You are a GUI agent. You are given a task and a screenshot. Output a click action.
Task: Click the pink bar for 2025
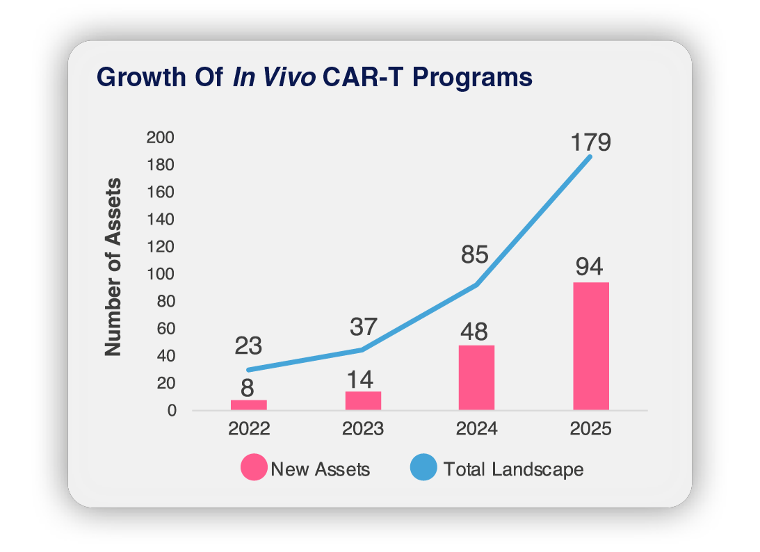[590, 346]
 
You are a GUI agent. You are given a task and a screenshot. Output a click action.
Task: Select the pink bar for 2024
[476, 378]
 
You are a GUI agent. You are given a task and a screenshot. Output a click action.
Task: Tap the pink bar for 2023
[362, 400]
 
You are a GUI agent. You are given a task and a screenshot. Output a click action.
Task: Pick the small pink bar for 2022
[248, 405]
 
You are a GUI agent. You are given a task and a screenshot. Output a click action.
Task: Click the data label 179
[590, 143]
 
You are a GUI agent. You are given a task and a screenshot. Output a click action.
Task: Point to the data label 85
[476, 254]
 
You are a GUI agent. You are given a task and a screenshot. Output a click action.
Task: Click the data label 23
[248, 346]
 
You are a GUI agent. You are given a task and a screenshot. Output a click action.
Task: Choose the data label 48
[476, 330]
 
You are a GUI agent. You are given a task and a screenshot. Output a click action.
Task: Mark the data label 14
[360, 379]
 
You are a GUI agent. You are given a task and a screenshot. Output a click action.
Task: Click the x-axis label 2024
[476, 429]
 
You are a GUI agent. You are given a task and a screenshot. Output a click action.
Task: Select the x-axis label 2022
[248, 429]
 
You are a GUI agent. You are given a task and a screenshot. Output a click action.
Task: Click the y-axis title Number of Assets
[113, 268]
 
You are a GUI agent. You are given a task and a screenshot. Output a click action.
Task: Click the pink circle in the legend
[254, 468]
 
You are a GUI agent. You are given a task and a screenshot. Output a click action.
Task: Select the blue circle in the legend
[423, 468]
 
